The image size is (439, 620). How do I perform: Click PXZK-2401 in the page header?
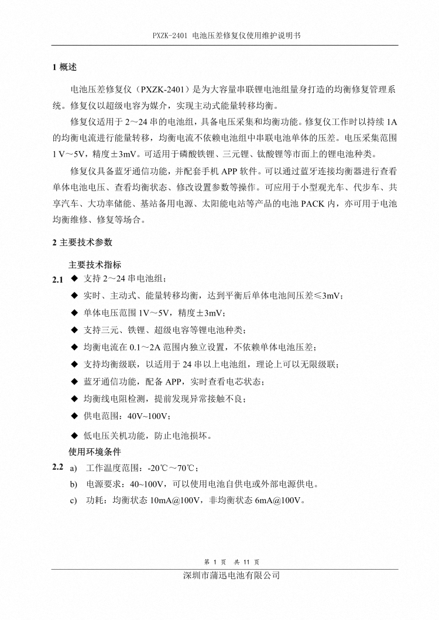click(x=169, y=35)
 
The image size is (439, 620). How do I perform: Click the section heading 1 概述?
click(x=64, y=67)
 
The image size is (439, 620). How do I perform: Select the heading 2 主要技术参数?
click(x=81, y=242)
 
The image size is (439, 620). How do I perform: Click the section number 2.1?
click(x=57, y=280)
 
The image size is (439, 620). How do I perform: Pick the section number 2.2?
click(x=57, y=467)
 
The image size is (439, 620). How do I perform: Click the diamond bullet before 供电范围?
click(x=74, y=417)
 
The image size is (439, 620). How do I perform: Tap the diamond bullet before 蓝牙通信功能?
click(x=74, y=382)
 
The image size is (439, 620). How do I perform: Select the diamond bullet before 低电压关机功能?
click(x=74, y=435)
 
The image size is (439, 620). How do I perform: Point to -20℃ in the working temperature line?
click(x=158, y=469)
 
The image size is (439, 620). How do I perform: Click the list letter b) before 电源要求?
click(x=73, y=484)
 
